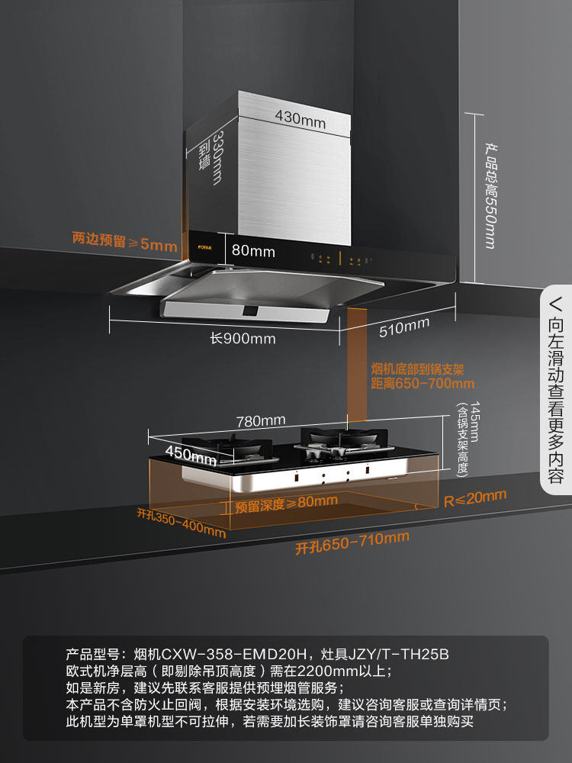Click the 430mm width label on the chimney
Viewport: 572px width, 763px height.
pos(300,121)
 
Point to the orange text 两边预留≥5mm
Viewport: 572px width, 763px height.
pos(124,243)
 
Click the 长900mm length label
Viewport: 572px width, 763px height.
pos(243,339)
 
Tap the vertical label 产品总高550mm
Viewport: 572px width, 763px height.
pos(489,195)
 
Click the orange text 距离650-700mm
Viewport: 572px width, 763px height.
pos(422,384)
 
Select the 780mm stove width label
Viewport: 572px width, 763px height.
pos(261,420)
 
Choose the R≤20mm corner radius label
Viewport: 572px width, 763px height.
pos(474,498)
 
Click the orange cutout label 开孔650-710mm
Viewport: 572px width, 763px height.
pos(352,542)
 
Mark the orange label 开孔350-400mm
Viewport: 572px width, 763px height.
pos(176,522)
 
